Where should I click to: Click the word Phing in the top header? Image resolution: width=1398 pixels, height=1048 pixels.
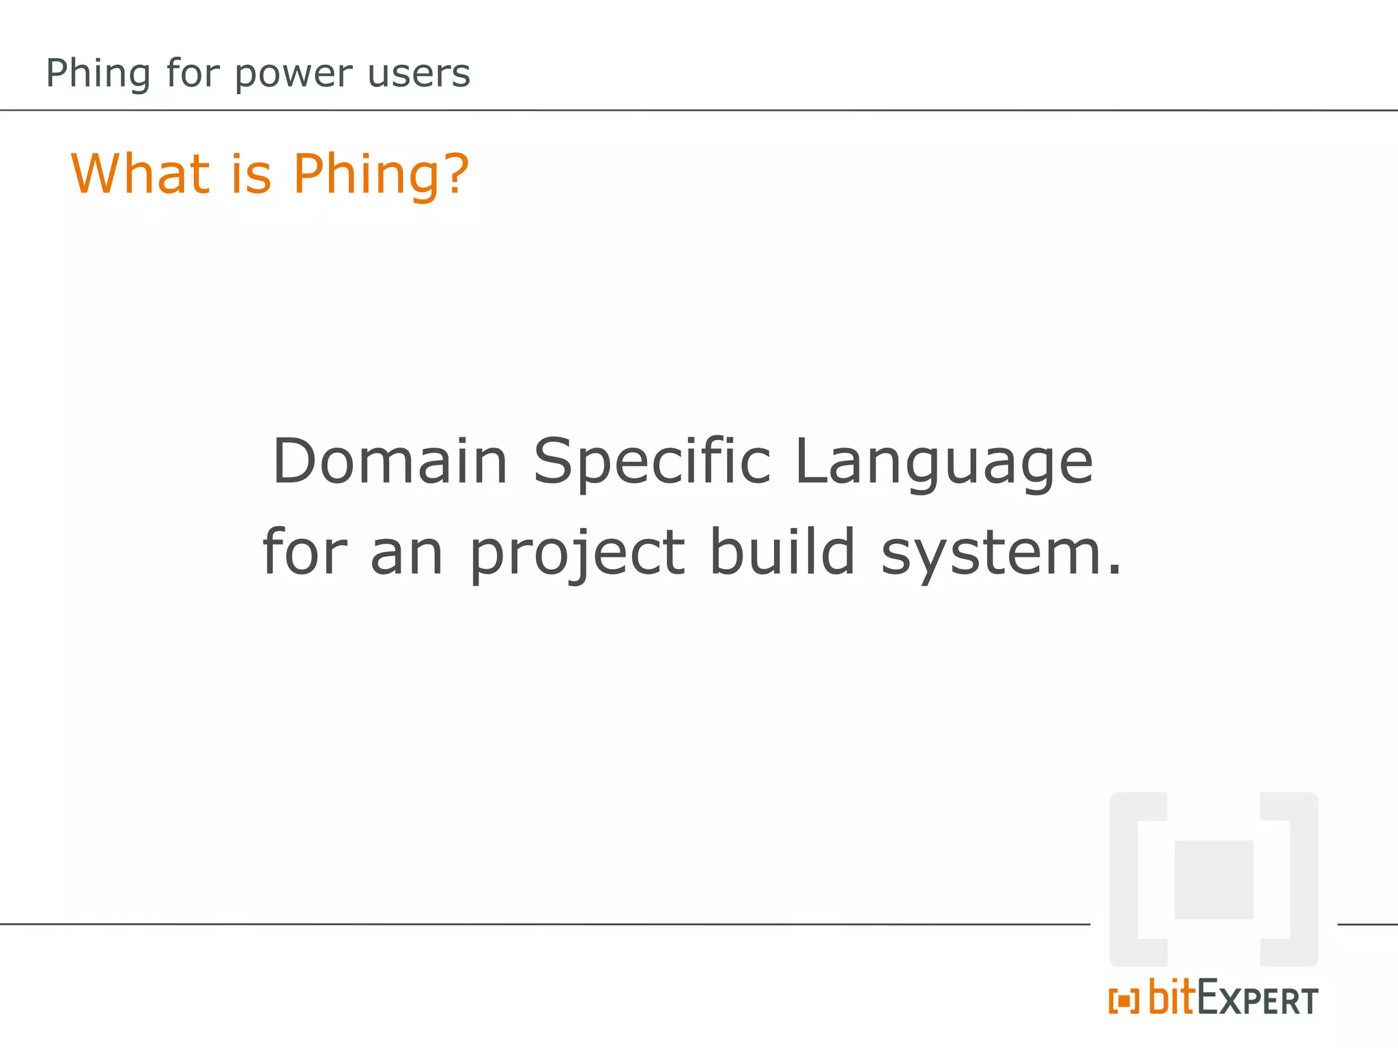point(98,74)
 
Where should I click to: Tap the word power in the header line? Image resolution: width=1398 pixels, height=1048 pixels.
point(294,74)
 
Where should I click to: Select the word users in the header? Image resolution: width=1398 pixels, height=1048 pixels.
point(418,74)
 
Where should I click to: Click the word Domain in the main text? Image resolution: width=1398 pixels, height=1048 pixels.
point(390,461)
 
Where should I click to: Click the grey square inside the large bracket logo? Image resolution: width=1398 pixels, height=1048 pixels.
point(1213,879)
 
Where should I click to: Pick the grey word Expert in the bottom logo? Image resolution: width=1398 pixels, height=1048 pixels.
point(1257,1000)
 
